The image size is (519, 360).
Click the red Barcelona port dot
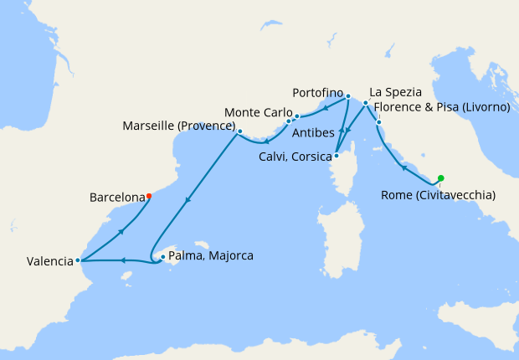click(148, 197)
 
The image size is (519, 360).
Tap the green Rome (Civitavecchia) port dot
click(440, 177)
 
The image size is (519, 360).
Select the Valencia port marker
click(78, 260)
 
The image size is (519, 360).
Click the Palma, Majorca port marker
click(162, 258)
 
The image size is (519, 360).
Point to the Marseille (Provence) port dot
click(239, 131)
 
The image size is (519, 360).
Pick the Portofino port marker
click(347, 95)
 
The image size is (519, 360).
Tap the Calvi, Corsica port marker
click(336, 155)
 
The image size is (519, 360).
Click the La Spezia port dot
click(366, 103)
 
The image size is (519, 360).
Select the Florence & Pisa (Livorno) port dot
click(378, 123)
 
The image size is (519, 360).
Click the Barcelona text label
click(116, 198)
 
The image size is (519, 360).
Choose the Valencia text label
click(49, 261)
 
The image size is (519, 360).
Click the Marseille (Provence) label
click(178, 126)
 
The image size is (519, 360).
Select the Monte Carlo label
click(258, 112)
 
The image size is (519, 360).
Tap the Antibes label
click(315, 132)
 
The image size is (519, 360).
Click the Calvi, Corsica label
click(295, 157)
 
